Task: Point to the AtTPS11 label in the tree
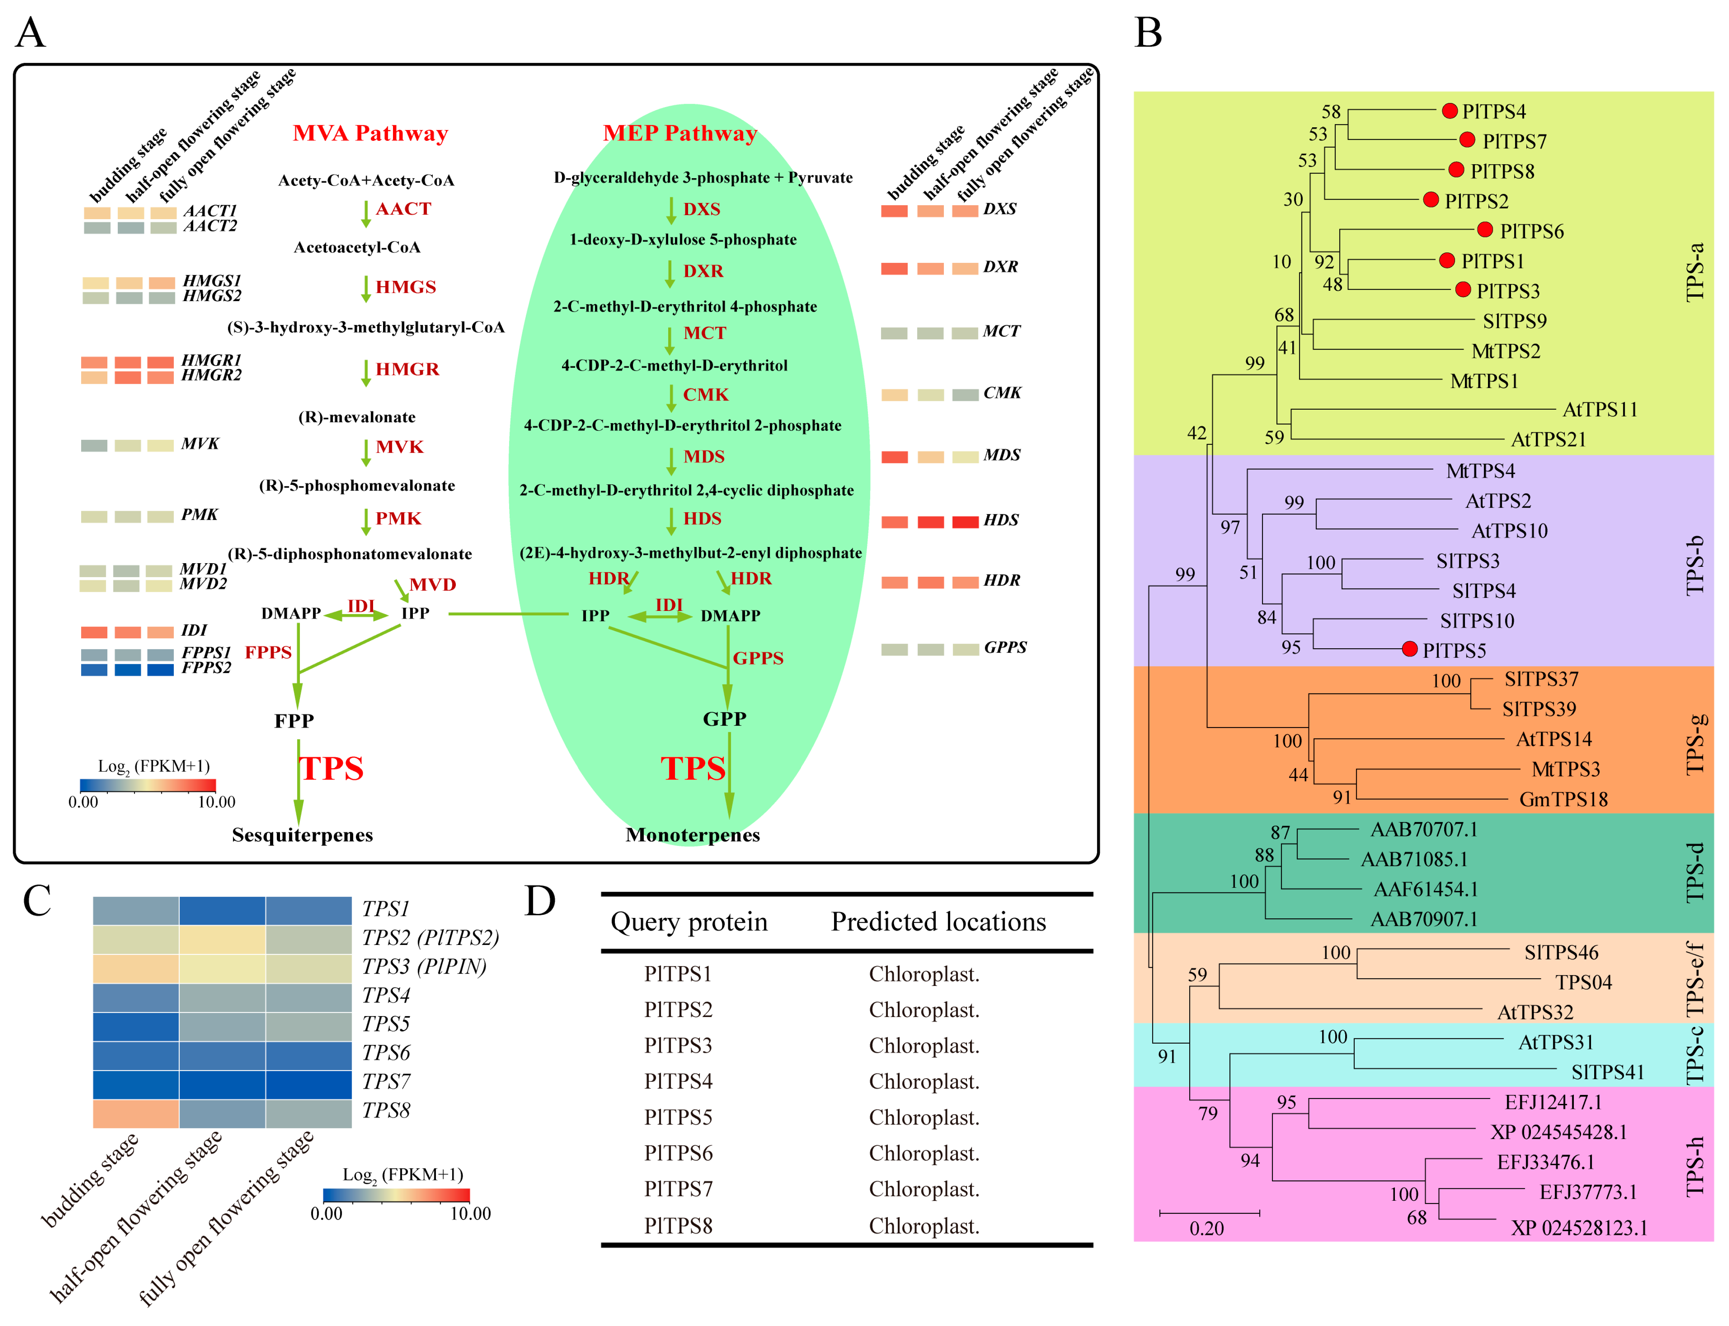pyautogui.click(x=1600, y=410)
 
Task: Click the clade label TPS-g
pyautogui.click(x=1695, y=744)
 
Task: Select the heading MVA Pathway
pyautogui.click(x=370, y=133)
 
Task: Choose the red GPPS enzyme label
pyautogui.click(x=758, y=658)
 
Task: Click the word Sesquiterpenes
pyautogui.click(x=302, y=835)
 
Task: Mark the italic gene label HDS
pyautogui.click(x=1001, y=520)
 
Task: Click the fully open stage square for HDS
pyautogui.click(x=965, y=522)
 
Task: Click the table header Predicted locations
pyautogui.click(x=938, y=922)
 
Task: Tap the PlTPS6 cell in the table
pyautogui.click(x=678, y=1153)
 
